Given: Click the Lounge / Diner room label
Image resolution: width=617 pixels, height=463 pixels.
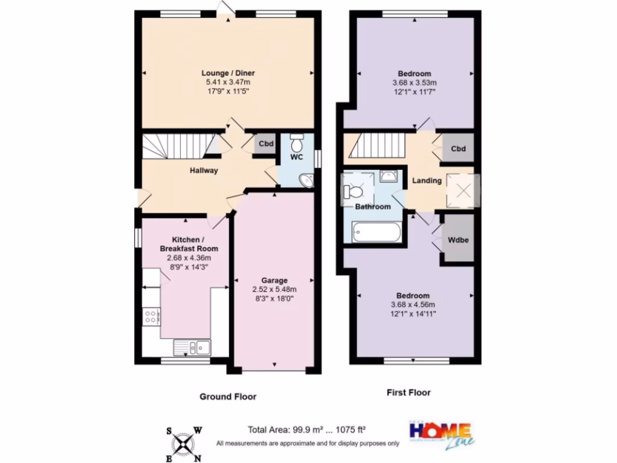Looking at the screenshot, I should [x=228, y=73].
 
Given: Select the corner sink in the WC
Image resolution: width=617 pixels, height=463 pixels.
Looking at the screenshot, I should [x=307, y=180].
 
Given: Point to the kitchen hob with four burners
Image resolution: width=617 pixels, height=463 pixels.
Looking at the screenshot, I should [x=151, y=317].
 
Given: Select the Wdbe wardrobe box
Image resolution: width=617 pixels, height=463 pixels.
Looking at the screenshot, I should [x=458, y=239].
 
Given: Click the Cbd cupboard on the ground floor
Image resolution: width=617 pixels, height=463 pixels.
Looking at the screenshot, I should [x=266, y=145].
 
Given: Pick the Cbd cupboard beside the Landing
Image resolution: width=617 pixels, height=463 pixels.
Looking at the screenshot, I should [x=459, y=148].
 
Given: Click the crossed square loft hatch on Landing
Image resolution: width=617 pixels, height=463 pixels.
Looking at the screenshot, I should [x=463, y=191].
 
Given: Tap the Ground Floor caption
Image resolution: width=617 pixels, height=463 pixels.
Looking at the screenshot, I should [x=228, y=397].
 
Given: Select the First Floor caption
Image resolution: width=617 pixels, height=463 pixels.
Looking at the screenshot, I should [x=409, y=392].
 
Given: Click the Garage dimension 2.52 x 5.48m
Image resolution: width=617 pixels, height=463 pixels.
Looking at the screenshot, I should [x=274, y=289].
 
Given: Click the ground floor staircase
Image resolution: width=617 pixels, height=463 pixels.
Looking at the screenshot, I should [x=180, y=146].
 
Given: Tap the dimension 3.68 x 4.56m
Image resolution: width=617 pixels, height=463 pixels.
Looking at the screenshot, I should [x=413, y=304].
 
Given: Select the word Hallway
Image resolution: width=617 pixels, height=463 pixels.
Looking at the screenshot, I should [x=204, y=171].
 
